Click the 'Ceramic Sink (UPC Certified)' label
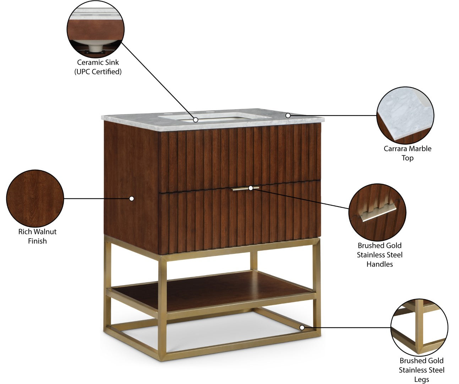point(98,67)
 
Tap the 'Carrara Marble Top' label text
point(407,153)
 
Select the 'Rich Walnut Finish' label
point(37,236)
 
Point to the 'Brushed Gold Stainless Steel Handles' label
point(379,255)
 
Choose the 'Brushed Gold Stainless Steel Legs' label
point(421,370)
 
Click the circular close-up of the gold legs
point(419,327)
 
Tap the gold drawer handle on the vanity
point(246,188)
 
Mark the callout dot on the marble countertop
point(288,116)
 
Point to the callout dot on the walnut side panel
point(132,198)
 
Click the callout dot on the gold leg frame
point(302,327)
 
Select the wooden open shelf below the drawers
point(213,288)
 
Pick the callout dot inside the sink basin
point(195,120)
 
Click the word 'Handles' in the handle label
point(379,264)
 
